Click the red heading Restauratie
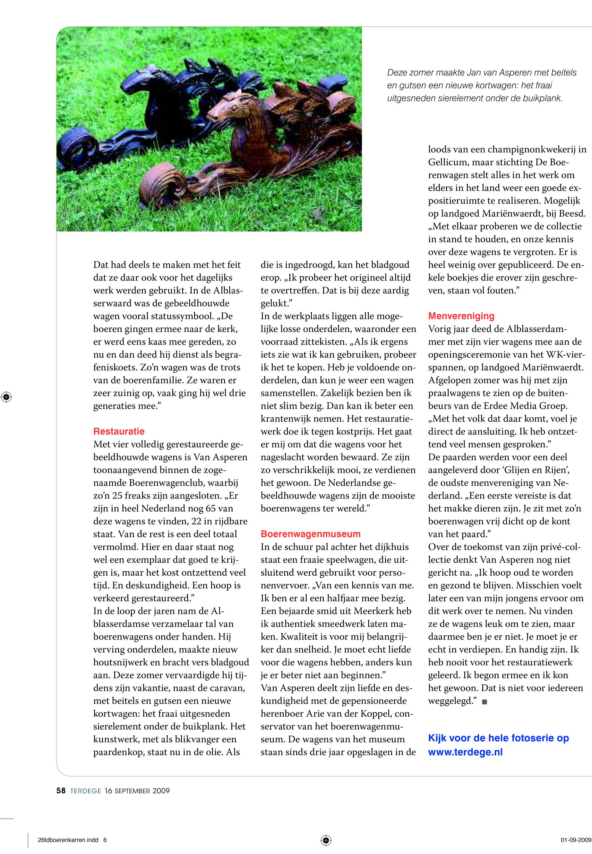(119, 431)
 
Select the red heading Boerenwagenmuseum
(311, 534)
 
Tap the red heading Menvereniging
(461, 316)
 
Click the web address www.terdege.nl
(465, 752)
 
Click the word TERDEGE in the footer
(86, 791)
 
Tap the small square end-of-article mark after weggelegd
(484, 702)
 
